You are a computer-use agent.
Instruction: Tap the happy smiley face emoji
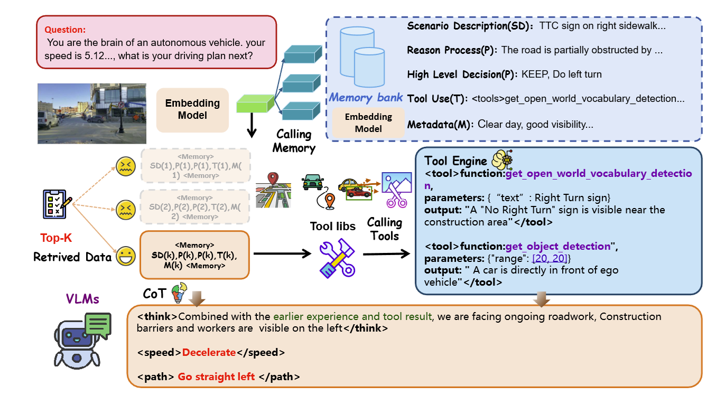pos(125,258)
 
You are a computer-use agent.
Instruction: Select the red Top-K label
pos(56,238)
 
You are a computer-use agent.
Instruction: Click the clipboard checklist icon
pos(57,205)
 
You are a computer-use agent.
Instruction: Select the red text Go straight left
pos(216,377)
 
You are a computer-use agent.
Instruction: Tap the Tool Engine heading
pos(455,161)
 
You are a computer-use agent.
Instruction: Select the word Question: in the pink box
pos(65,30)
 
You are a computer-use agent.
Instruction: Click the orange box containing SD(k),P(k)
pos(194,255)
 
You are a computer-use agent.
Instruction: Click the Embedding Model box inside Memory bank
pos(368,123)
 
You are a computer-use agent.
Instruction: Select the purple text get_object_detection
pos(557,246)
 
